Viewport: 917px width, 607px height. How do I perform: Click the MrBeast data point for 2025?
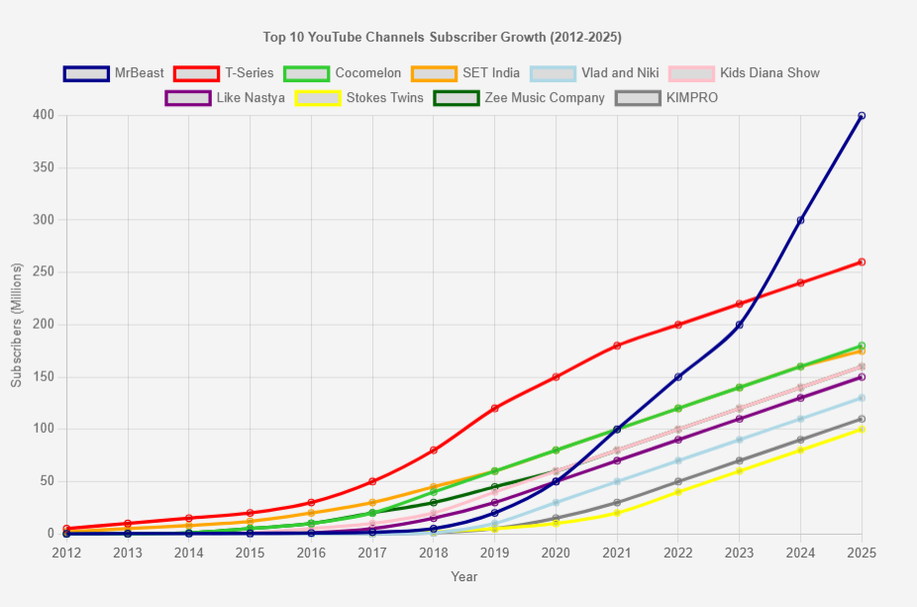click(x=862, y=116)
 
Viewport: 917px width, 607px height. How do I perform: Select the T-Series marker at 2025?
click(x=862, y=262)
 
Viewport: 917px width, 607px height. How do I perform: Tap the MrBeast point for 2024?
click(x=800, y=220)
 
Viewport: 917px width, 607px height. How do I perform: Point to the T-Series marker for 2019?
click(x=494, y=408)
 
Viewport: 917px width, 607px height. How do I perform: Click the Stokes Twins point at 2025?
click(x=862, y=430)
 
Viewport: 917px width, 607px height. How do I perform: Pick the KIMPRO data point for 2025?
click(x=862, y=419)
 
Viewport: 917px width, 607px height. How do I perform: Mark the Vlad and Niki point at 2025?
click(x=862, y=398)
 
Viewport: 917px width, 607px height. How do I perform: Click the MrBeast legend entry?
click(x=114, y=73)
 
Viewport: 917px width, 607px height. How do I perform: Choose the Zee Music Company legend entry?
click(x=519, y=98)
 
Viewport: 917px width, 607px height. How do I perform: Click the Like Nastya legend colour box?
click(x=187, y=98)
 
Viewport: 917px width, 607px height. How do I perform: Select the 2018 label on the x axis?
click(x=433, y=552)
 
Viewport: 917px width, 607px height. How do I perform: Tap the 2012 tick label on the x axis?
click(x=66, y=552)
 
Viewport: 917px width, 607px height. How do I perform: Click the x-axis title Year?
click(x=463, y=576)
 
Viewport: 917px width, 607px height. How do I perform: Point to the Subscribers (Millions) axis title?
click(x=16, y=324)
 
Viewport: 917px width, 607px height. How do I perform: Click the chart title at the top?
click(x=442, y=38)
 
